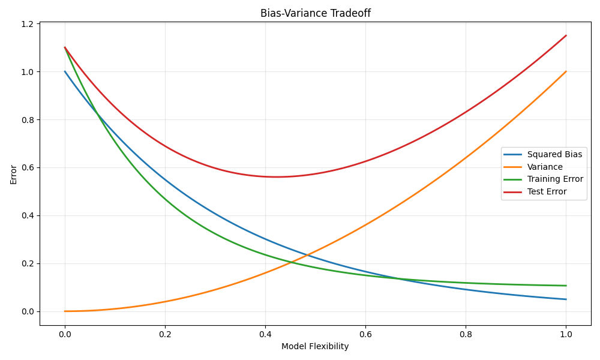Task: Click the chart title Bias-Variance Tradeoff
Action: tap(315, 13)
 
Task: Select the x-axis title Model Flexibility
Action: tap(315, 346)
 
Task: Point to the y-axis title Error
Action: tap(13, 174)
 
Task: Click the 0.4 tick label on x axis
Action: tap(265, 334)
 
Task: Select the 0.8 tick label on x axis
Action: tap(466, 334)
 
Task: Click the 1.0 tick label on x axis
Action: tap(566, 334)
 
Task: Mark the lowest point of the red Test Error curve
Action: tap(276, 177)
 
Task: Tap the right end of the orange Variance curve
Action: tap(566, 71)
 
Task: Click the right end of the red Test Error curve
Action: tap(566, 35)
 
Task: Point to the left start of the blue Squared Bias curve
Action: tap(65, 71)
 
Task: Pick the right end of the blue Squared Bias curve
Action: tap(566, 299)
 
